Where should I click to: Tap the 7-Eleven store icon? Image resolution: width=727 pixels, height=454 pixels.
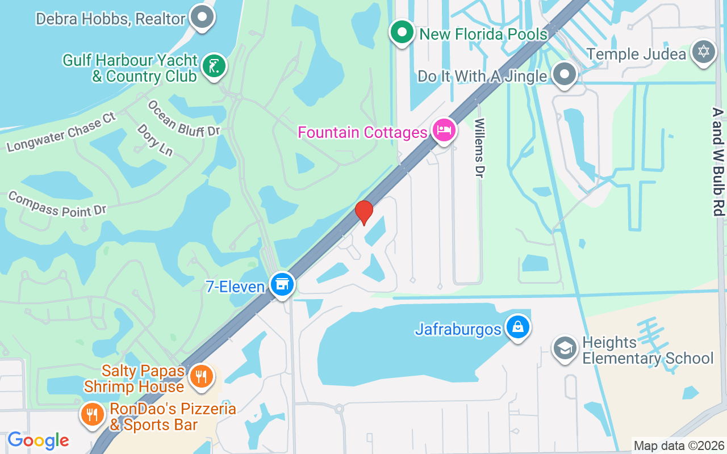point(282,285)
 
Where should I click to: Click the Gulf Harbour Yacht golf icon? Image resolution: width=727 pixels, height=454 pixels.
point(214,67)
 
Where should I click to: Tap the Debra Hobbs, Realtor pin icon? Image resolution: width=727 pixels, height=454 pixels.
point(201,17)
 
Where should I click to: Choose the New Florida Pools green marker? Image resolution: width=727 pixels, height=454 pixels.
point(402,32)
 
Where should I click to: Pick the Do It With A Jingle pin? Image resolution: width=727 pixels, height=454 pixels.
point(565,74)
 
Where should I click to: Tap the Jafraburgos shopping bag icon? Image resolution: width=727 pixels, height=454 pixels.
point(518,327)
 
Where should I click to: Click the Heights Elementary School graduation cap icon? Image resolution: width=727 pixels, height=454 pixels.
point(565,349)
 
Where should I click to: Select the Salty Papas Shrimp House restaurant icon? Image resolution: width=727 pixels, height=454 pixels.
point(201,376)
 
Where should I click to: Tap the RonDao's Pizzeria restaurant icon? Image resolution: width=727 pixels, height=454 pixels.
point(92,415)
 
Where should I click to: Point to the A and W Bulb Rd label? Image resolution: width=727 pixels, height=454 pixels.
point(717,162)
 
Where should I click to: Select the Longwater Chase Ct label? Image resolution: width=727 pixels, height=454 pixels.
point(61,133)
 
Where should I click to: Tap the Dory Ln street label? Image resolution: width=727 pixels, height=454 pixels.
point(154,140)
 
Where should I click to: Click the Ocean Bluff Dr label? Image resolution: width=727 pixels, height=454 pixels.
point(183,119)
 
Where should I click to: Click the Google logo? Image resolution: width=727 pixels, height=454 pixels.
point(38,440)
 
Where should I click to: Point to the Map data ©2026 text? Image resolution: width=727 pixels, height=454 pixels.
point(679,446)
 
